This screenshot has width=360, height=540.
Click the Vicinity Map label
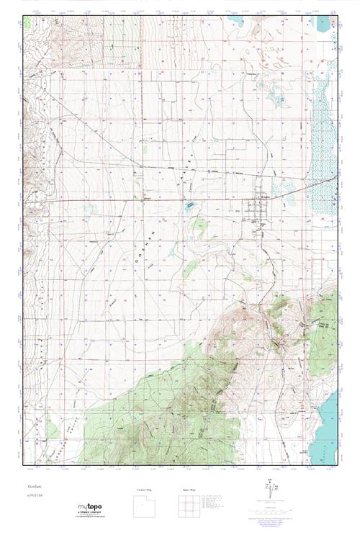click(145, 489)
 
